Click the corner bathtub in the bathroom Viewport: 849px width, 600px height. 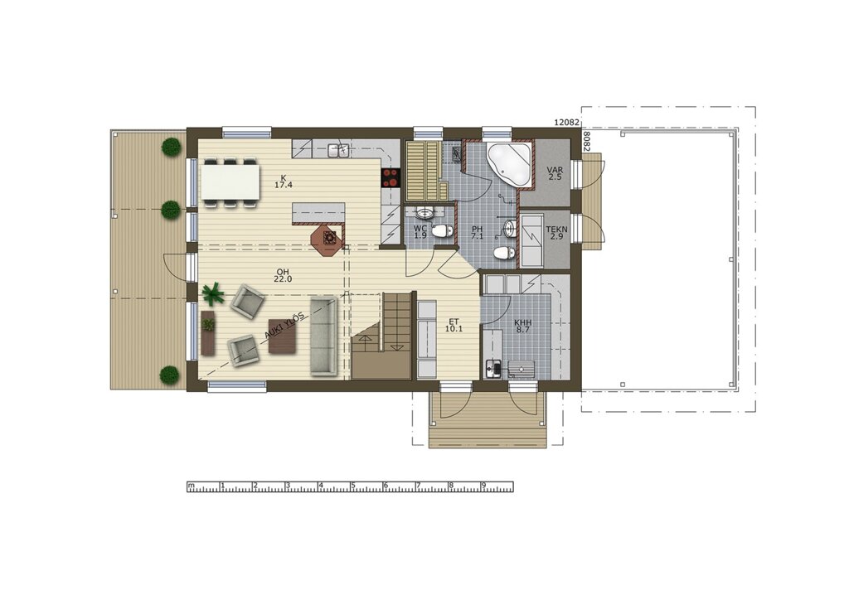coord(508,164)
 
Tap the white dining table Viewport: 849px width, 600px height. coord(230,181)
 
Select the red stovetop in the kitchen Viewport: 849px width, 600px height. coord(391,177)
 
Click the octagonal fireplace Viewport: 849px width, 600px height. coord(327,238)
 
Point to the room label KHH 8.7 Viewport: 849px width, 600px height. coord(522,326)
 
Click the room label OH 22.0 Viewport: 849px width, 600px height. coord(283,275)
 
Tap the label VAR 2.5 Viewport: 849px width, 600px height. coord(555,173)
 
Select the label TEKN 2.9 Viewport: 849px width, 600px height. coord(556,233)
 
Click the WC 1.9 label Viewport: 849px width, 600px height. coord(420,232)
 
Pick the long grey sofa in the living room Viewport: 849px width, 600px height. coord(323,336)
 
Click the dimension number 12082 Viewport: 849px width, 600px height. coord(567,123)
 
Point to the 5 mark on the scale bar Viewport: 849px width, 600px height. coord(352,486)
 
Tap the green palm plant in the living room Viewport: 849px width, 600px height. coord(213,293)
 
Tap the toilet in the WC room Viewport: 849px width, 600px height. coord(443,230)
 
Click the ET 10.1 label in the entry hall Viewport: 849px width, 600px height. coord(454,325)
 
